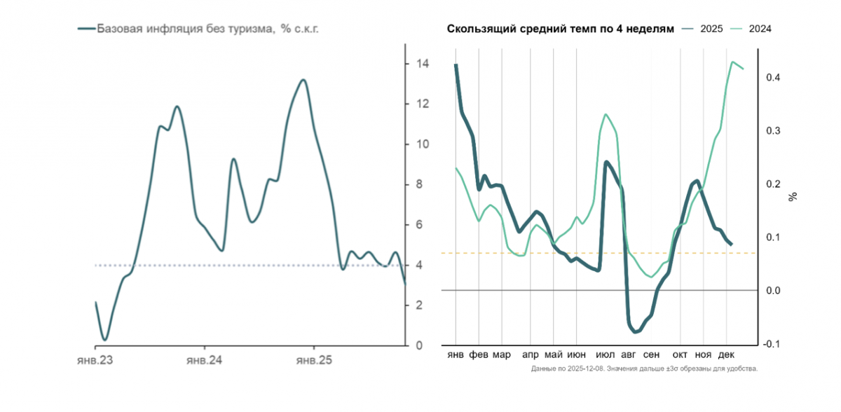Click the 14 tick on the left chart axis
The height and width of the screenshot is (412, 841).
coord(423,64)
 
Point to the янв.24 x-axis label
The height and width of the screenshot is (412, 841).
coord(204,360)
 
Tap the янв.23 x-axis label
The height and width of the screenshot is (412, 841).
coord(95,360)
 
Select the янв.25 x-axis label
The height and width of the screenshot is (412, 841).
coord(313,360)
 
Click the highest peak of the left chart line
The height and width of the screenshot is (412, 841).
coord(303,80)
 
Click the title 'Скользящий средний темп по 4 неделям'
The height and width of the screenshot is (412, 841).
coord(561,29)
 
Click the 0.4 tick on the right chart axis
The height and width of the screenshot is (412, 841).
coord(773,78)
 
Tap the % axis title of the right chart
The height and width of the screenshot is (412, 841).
coord(793,197)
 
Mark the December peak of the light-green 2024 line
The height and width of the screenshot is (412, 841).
coord(732,62)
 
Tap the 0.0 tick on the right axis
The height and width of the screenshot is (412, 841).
coord(773,291)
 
